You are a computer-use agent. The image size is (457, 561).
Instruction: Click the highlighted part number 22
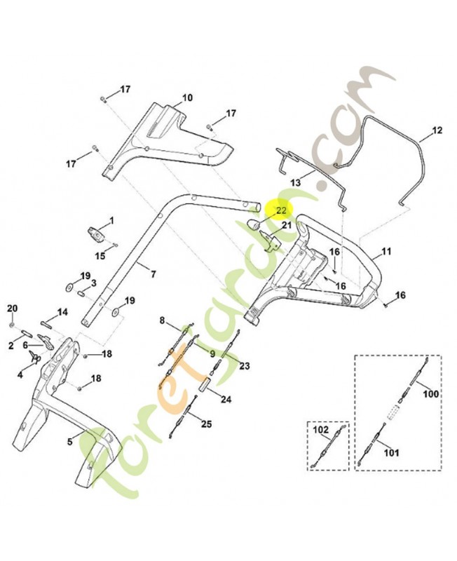pyautogui.click(x=282, y=210)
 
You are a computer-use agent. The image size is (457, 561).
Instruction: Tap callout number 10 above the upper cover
pyautogui.click(x=187, y=97)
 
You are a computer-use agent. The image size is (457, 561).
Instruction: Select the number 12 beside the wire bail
pyautogui.click(x=437, y=130)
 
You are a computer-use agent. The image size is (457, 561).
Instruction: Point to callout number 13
pyautogui.click(x=295, y=183)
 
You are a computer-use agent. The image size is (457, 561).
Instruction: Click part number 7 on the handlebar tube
pyautogui.click(x=153, y=274)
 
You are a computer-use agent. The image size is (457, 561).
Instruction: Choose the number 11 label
pyautogui.click(x=386, y=251)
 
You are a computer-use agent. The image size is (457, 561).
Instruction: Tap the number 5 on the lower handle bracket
pyautogui.click(x=69, y=442)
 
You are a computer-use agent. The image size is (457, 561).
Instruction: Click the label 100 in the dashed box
pyautogui.click(x=431, y=394)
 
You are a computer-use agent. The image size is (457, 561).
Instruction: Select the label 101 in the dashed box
pyautogui.click(x=391, y=452)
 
